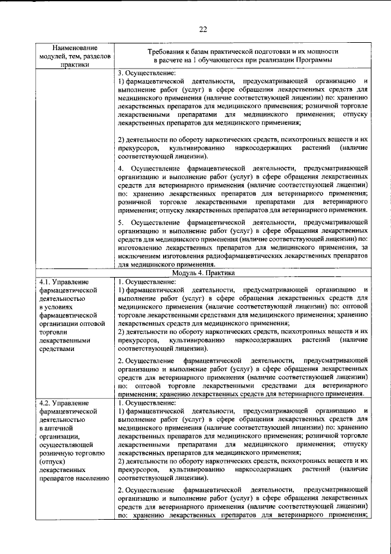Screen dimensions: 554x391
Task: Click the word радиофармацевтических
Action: pyautogui.click(x=239, y=257)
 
